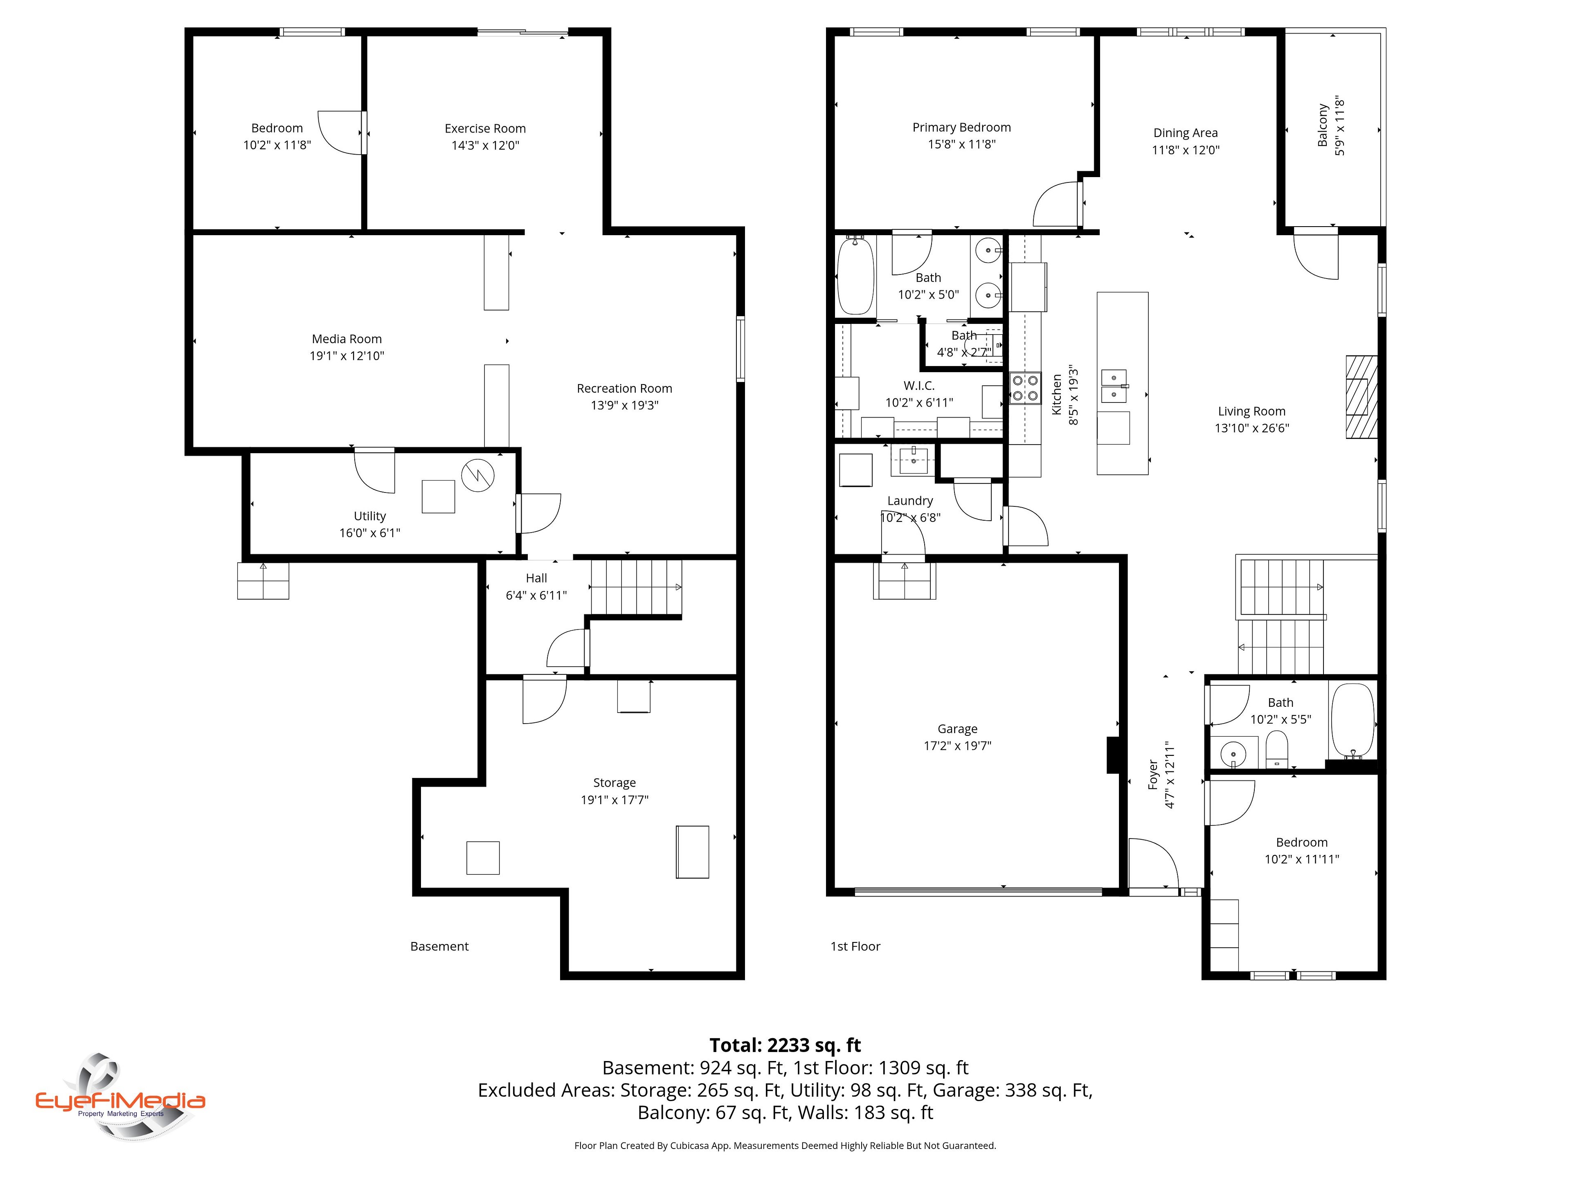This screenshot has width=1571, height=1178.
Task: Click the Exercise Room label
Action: point(485,128)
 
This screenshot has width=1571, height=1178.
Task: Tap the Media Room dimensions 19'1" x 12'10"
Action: point(347,356)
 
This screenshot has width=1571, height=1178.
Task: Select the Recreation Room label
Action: point(624,389)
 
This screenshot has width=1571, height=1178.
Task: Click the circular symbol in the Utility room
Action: point(477,476)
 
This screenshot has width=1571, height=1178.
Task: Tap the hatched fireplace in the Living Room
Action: point(1362,397)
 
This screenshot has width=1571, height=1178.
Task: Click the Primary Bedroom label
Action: point(962,127)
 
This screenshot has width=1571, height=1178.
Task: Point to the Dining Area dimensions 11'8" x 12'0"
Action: point(1185,150)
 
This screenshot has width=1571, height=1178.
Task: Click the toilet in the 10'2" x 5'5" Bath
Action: point(1276,751)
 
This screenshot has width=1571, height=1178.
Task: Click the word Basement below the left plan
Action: point(440,946)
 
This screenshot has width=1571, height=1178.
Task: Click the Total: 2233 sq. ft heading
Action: point(785,1045)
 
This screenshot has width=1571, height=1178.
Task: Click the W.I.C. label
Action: point(919,386)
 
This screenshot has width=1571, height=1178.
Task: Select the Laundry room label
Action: point(910,501)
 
